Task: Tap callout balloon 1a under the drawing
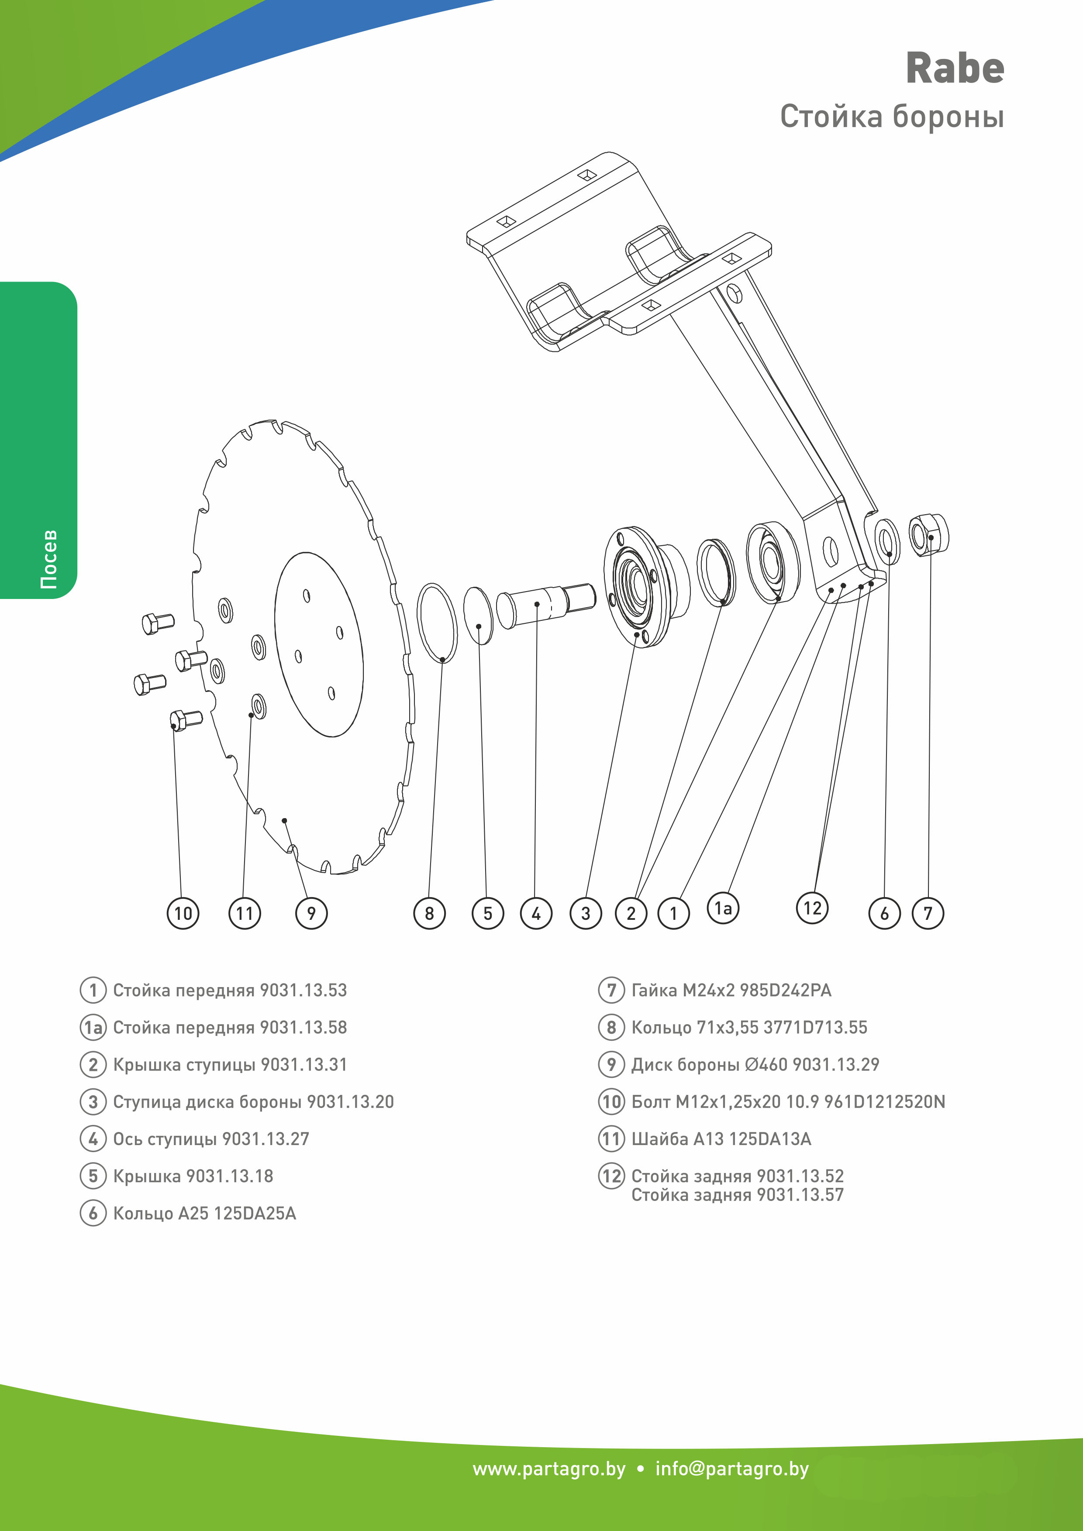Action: tap(723, 908)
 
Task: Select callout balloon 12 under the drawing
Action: tap(812, 908)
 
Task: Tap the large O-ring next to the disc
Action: tap(438, 623)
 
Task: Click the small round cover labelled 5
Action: tap(478, 616)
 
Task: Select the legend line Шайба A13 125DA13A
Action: tap(721, 1139)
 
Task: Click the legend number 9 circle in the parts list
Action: tap(611, 1064)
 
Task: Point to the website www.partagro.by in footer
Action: tap(549, 1469)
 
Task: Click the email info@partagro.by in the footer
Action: tap(731, 1469)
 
